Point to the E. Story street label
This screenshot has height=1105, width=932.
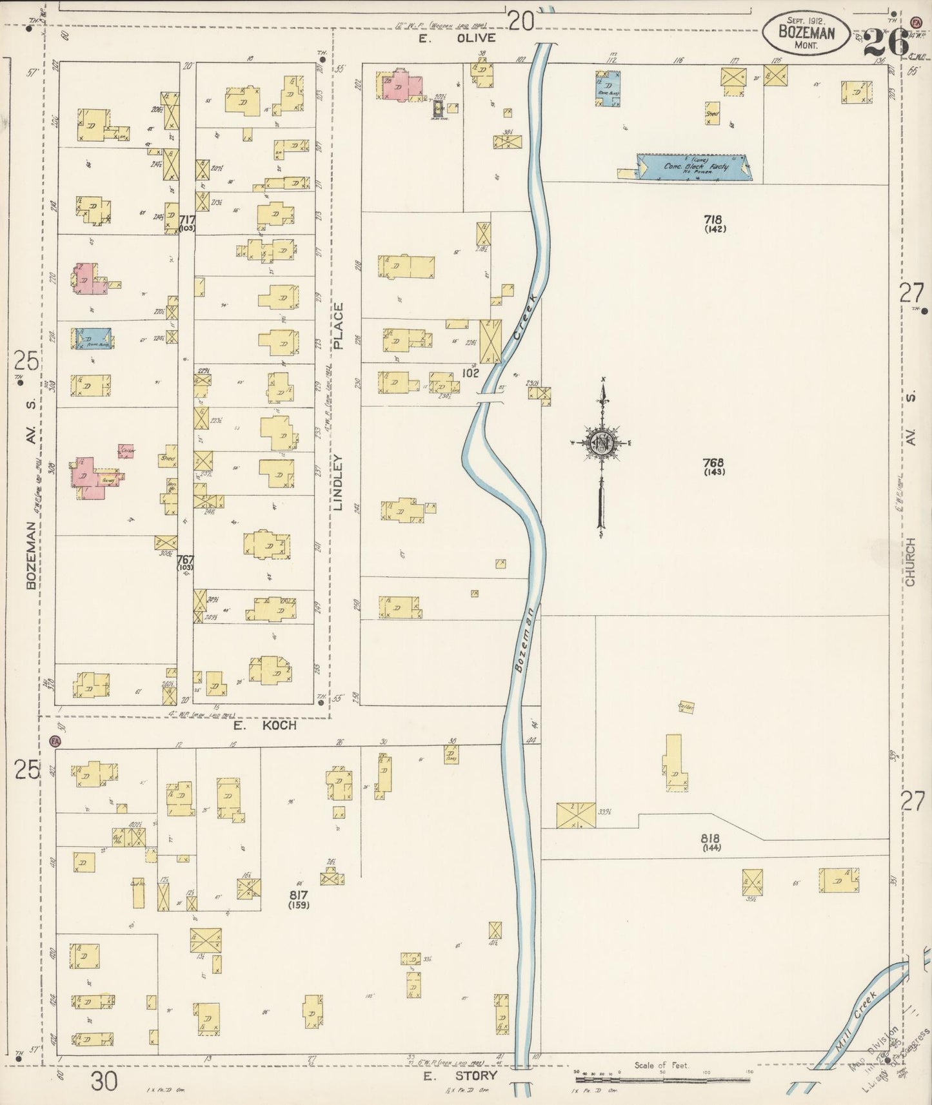[460, 1075]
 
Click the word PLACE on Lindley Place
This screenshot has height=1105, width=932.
[339, 326]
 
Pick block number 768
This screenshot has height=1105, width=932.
[714, 462]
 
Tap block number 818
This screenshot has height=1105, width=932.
[710, 839]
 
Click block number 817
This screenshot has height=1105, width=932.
[299, 895]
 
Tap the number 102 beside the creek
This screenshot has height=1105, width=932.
[470, 373]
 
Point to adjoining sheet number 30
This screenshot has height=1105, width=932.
[104, 1081]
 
